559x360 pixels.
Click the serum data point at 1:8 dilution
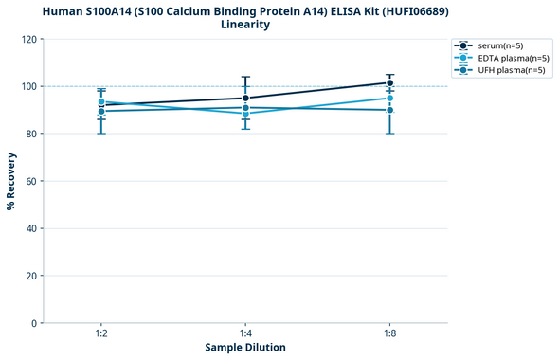click(389, 83)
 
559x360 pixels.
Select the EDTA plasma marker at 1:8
click(389, 99)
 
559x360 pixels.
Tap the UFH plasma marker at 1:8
click(389, 110)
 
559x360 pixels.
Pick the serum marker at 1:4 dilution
click(245, 98)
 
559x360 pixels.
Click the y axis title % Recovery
click(11, 180)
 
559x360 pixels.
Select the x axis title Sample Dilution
click(245, 348)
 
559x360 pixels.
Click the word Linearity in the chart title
click(245, 25)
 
